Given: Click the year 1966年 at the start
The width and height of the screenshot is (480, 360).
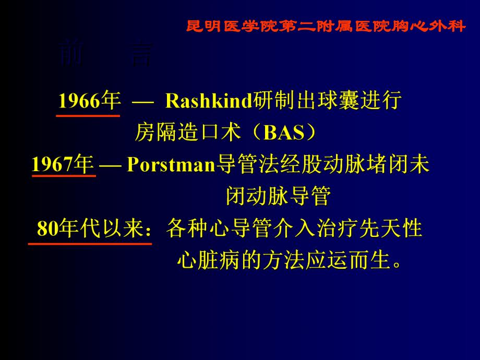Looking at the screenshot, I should (89, 101).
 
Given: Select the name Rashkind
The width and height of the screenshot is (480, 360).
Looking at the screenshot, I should (209, 101).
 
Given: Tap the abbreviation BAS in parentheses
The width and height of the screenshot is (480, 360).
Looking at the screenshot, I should (284, 134).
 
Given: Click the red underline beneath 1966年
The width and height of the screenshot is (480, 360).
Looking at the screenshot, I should (88, 115).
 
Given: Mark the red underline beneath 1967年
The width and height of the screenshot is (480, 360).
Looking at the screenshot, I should (64, 176).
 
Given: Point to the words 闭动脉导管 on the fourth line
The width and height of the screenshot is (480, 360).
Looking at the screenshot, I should (279, 197).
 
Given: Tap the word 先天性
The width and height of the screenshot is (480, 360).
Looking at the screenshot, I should (396, 229).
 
